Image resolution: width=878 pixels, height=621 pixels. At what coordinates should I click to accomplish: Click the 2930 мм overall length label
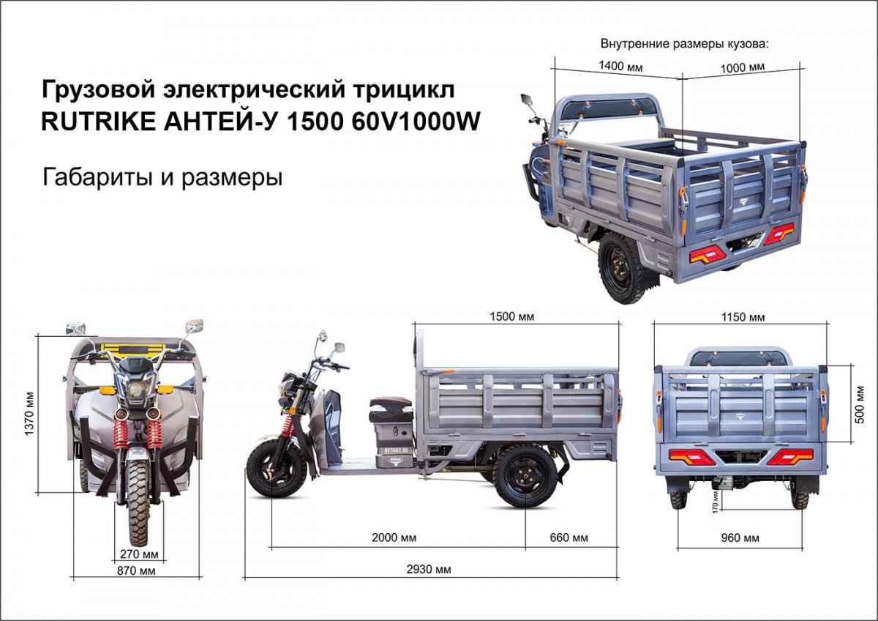[429, 569]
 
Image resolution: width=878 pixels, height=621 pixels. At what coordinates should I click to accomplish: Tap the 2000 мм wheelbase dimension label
[394, 538]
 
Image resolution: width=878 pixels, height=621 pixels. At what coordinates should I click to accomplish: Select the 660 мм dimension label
[569, 538]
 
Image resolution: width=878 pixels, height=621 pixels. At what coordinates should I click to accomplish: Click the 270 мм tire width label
[139, 554]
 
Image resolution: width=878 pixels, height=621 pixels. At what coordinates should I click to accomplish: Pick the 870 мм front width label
[136, 570]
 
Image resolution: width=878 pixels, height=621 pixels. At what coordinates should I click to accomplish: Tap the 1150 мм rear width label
[743, 317]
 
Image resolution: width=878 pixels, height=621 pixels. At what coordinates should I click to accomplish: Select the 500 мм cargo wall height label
[860, 405]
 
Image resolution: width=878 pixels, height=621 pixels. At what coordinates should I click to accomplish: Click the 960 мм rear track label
[740, 538]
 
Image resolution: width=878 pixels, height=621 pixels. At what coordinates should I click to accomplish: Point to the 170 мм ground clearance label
[715, 502]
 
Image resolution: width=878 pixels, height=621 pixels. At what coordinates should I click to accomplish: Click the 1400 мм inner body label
[620, 66]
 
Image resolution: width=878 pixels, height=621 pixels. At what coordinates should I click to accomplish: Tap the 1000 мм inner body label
[743, 67]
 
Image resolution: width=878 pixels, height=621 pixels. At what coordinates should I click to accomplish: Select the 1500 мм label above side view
[512, 316]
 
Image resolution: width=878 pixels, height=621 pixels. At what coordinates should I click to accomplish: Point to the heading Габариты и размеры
[162, 177]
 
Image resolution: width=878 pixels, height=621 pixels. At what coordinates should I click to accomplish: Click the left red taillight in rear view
[692, 457]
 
